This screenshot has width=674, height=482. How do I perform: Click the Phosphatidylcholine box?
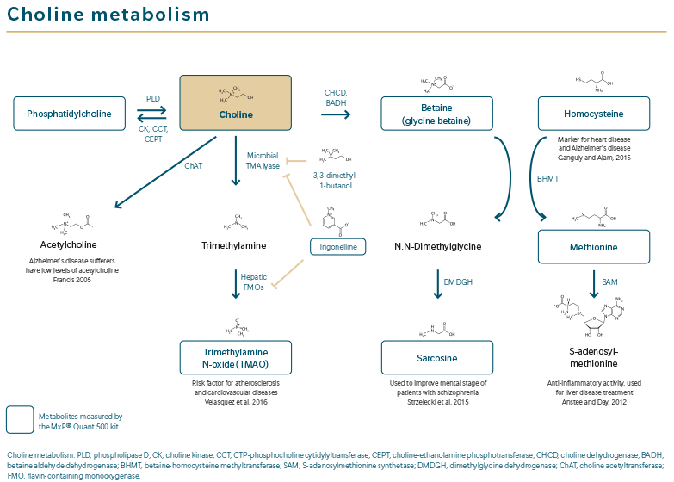click(x=69, y=113)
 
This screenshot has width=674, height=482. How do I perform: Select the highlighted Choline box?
click(x=235, y=102)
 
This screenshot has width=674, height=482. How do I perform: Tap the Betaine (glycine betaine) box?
click(x=437, y=113)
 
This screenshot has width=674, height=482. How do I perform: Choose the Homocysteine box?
click(x=592, y=113)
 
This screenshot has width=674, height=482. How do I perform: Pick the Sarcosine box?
click(x=437, y=357)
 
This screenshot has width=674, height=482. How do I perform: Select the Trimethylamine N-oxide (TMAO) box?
click(x=235, y=357)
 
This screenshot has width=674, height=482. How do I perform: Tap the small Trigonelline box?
click(x=337, y=246)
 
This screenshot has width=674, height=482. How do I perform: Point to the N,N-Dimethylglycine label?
click(x=437, y=246)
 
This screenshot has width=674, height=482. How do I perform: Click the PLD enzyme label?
click(x=152, y=100)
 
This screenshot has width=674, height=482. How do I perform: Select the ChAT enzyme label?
click(x=194, y=165)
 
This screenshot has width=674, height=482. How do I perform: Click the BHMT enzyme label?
click(x=547, y=179)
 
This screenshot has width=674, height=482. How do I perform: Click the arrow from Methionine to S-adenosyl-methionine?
click(x=592, y=281)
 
